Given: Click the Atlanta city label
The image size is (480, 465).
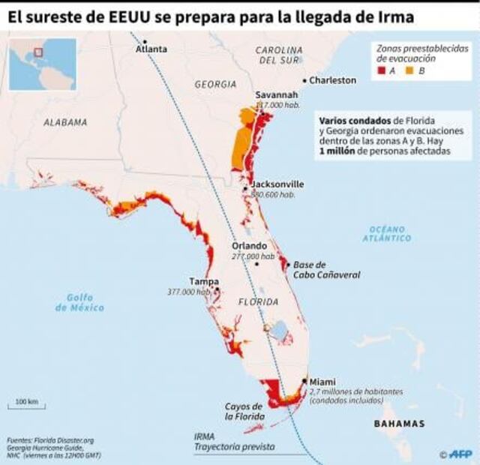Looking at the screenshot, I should (152, 49).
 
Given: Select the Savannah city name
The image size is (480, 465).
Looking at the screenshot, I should (277, 95).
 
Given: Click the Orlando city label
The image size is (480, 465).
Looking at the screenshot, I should (249, 246).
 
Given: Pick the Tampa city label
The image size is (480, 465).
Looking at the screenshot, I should (204, 281).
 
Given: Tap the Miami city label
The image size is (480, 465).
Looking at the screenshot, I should (323, 381).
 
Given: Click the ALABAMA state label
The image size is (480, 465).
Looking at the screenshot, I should (65, 121).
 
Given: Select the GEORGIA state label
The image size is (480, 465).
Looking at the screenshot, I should (215, 84).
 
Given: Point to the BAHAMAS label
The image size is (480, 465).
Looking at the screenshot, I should (400, 424).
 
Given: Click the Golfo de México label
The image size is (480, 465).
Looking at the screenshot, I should (79, 302).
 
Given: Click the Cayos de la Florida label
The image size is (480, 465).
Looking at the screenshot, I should (244, 411).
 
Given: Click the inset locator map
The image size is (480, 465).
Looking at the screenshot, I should (42, 64).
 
